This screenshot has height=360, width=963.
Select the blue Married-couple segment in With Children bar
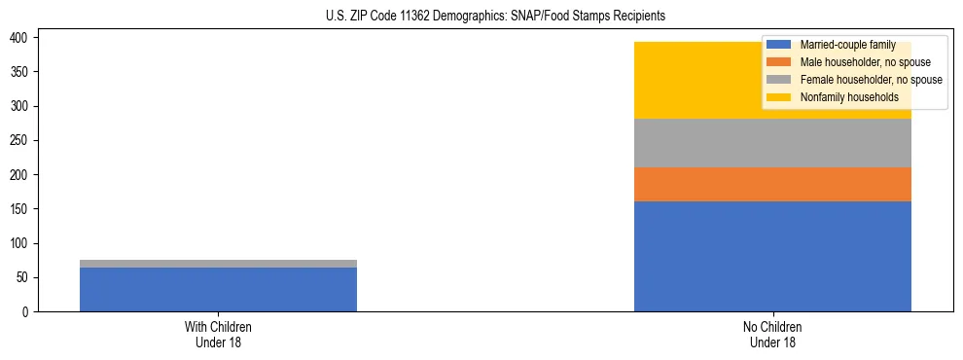point(218,289)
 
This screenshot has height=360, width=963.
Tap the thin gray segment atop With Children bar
point(218,264)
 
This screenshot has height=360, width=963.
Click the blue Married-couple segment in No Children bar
point(772,256)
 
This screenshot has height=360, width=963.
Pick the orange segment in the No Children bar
point(772,184)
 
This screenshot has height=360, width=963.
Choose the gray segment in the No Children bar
point(772,143)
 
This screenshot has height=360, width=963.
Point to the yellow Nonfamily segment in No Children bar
point(700,80)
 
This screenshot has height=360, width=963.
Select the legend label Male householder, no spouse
point(865,62)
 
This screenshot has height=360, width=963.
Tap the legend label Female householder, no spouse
point(871,80)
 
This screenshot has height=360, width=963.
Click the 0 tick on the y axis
point(28,311)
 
